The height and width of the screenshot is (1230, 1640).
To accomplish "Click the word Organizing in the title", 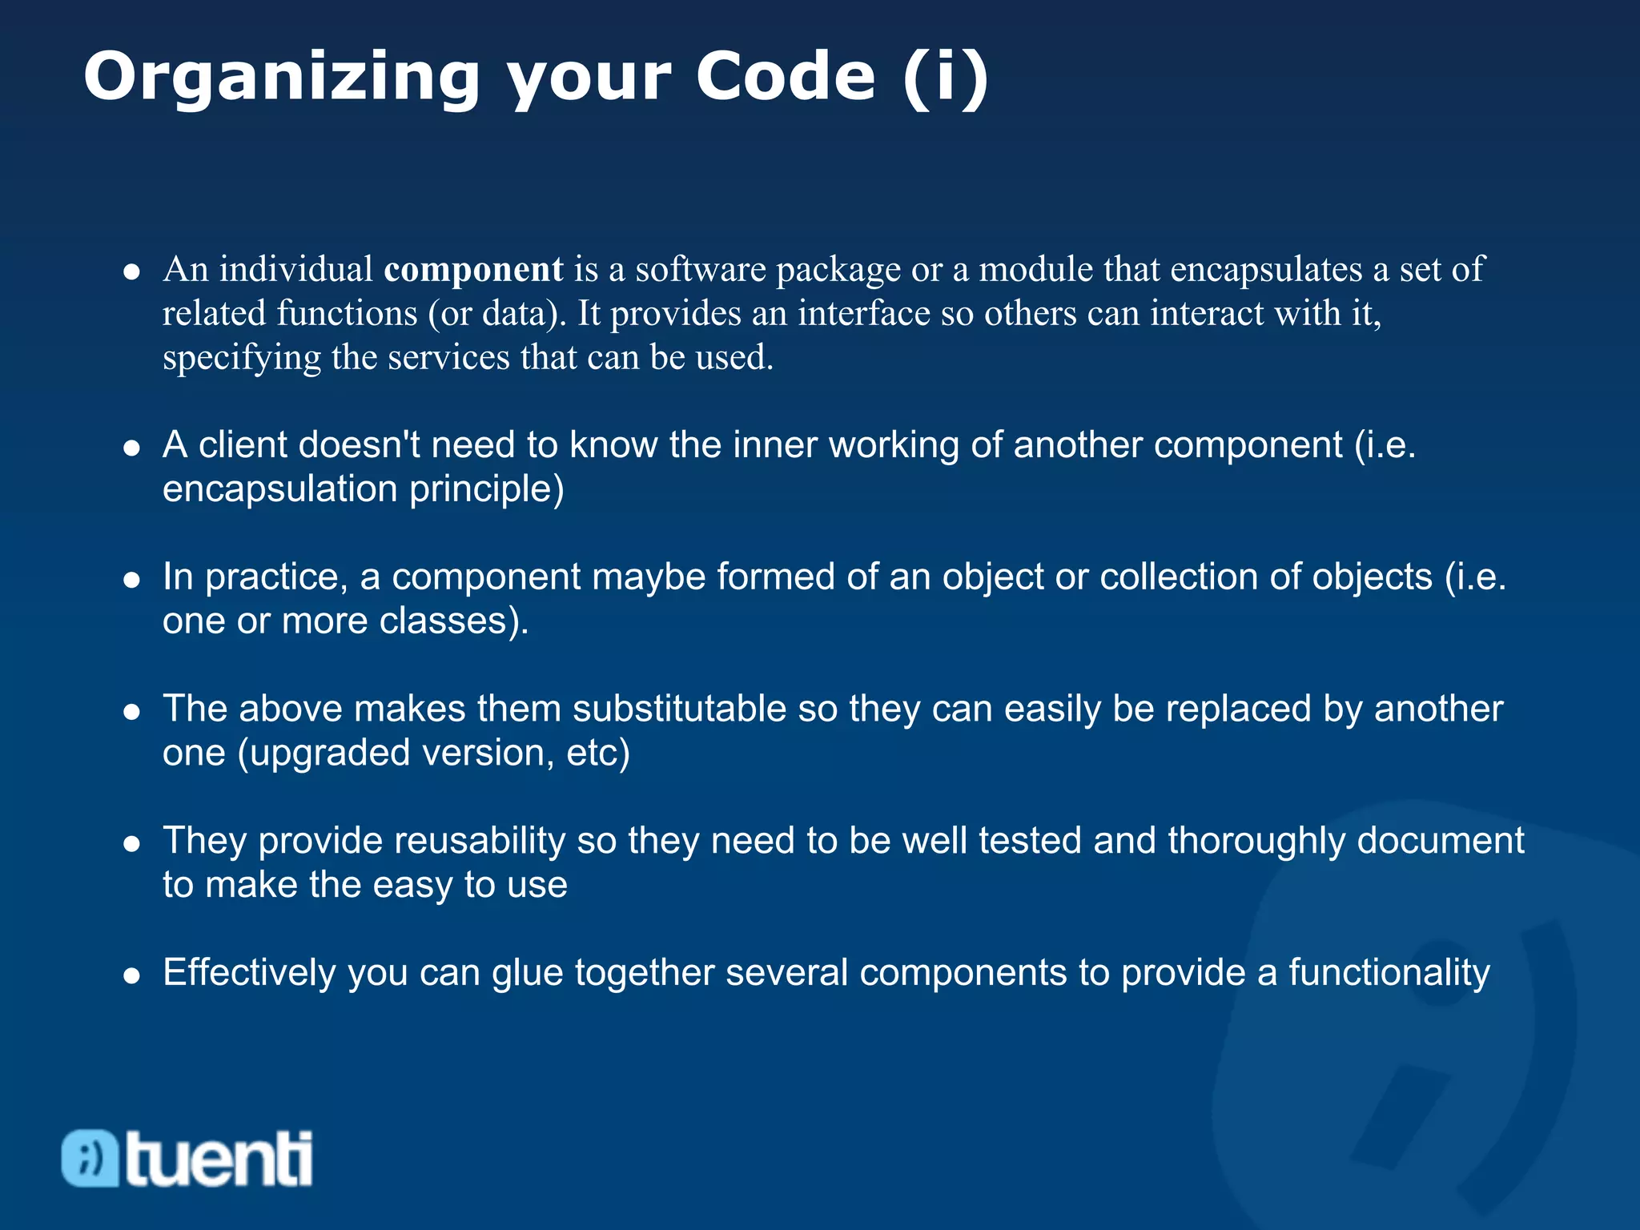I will pyautogui.click(x=282, y=78).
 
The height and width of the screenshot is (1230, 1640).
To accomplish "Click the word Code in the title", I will pyautogui.click(x=786, y=77).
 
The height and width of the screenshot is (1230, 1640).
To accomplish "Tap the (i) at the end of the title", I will pyautogui.click(x=946, y=77).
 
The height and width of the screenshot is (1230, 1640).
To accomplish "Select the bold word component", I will pyautogui.click(x=473, y=270).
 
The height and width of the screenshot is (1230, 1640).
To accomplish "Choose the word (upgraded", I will pyautogui.click(x=324, y=754).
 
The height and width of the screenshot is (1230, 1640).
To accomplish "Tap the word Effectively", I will pyautogui.click(x=249, y=973).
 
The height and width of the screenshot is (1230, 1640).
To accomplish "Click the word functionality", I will pyautogui.click(x=1389, y=973).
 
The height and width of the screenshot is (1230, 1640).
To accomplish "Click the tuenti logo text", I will pyautogui.click(x=219, y=1158).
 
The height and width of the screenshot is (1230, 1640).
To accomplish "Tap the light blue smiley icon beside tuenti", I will pyautogui.click(x=90, y=1158).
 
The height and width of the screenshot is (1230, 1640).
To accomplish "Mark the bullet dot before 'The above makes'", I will pyautogui.click(x=132, y=711).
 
